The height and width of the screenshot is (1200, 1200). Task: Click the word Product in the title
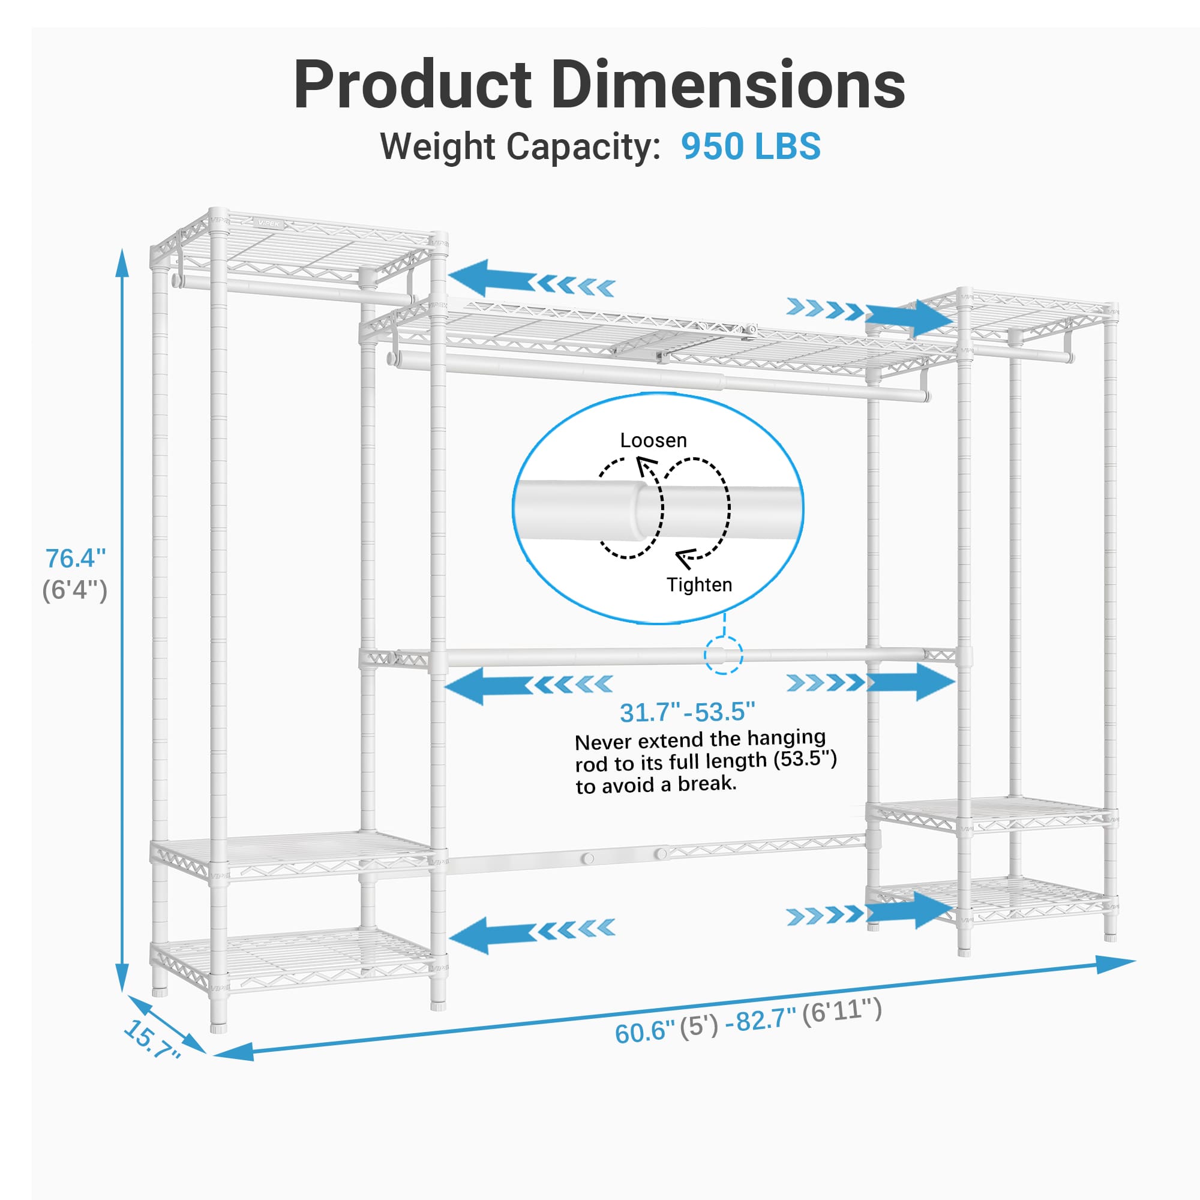coord(412,85)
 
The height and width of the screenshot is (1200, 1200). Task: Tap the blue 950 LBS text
coord(751,146)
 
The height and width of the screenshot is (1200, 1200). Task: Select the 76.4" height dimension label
coord(75,559)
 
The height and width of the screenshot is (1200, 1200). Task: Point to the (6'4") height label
coord(74,589)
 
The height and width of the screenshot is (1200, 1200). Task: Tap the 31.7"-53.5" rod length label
coord(687,712)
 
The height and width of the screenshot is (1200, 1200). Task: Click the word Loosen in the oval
coord(653,440)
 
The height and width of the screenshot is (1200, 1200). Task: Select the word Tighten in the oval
coord(699,584)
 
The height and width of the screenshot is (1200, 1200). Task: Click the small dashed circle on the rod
coord(723,655)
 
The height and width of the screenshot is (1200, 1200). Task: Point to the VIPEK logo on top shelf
coord(269,223)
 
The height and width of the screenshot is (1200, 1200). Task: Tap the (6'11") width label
coord(842,1012)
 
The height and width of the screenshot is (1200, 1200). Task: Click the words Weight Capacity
coord(520,147)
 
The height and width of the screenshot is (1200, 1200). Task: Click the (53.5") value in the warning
coord(805,758)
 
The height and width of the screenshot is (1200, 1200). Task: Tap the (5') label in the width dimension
coord(699,1027)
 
